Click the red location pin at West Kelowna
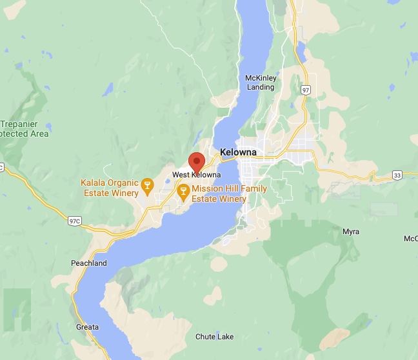click(196, 161)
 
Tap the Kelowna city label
click(238, 152)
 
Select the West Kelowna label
click(197, 175)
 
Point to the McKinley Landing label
click(261, 83)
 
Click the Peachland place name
click(89, 263)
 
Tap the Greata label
click(87, 327)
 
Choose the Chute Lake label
click(215, 337)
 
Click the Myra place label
click(351, 232)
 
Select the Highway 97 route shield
click(306, 90)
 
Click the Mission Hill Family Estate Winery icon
click(183, 190)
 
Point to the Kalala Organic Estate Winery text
click(110, 188)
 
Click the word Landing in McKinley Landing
click(261, 87)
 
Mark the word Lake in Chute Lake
click(225, 337)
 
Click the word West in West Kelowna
click(181, 175)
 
